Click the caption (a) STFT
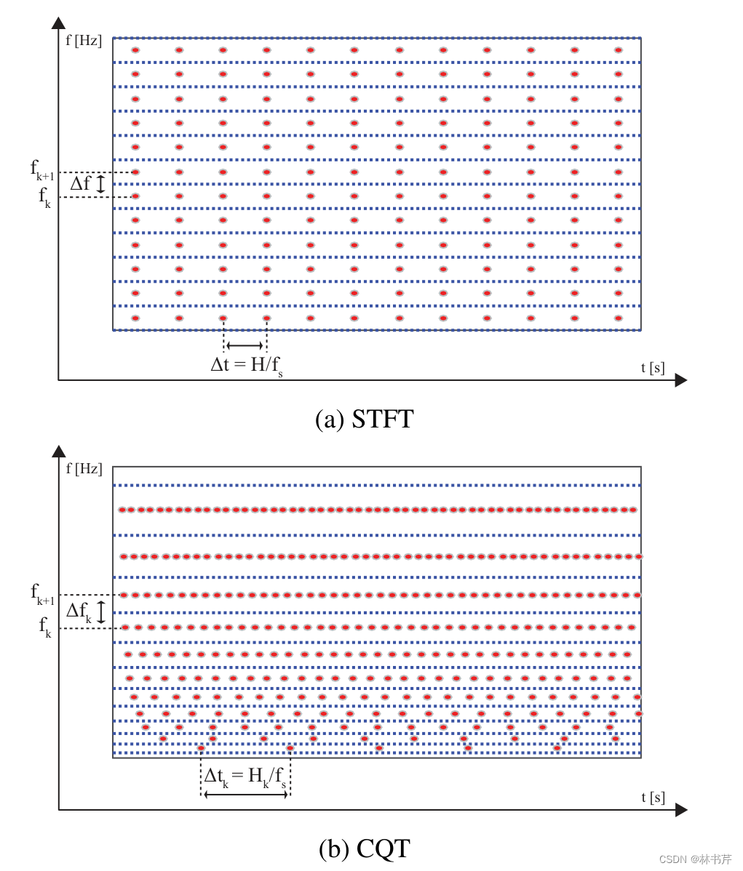click(x=364, y=419)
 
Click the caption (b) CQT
click(x=364, y=848)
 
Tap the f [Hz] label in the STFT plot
click(x=84, y=40)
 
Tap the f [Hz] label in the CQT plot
click(x=84, y=469)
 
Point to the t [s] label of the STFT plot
click(x=652, y=367)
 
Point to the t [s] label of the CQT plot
click(x=653, y=797)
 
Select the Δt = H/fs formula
click(x=246, y=365)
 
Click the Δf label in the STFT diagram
click(x=80, y=184)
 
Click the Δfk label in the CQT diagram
click(x=79, y=611)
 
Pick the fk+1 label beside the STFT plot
click(x=42, y=169)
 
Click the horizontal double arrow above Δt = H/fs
click(x=245, y=345)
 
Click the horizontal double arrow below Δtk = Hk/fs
click(x=246, y=795)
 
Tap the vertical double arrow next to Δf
click(x=101, y=184)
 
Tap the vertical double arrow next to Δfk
click(x=101, y=611)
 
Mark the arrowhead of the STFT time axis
click(x=681, y=380)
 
